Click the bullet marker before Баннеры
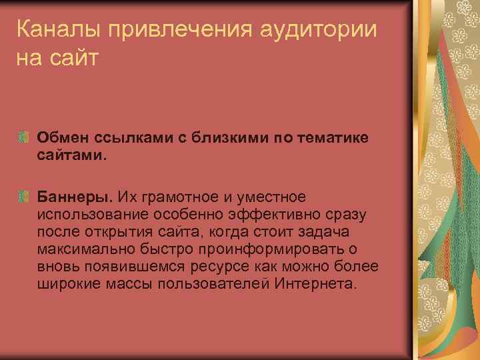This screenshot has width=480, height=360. (x=24, y=198)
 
